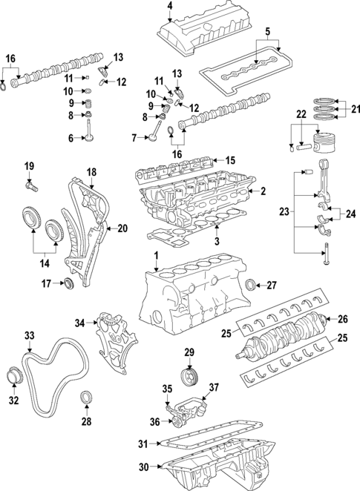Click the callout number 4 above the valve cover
pos(169,7)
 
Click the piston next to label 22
pos(324,142)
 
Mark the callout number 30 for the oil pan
pos(144,467)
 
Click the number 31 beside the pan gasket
pos(144,444)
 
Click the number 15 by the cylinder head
pos(229,159)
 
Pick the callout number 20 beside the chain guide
pos(122,228)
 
